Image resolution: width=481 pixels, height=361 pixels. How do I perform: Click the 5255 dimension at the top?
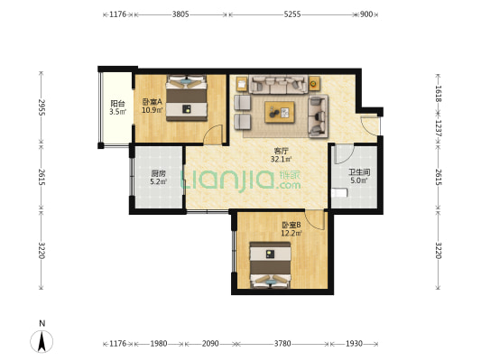click(x=292, y=14)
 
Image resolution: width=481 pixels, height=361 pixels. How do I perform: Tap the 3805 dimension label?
click(x=180, y=14)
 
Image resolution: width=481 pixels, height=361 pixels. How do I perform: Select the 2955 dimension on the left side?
click(x=42, y=107)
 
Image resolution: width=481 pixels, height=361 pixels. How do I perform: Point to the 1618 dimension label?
click(x=438, y=93)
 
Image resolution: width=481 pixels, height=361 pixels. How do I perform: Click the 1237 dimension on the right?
click(x=438, y=128)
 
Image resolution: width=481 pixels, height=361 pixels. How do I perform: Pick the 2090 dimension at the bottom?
click(x=210, y=344)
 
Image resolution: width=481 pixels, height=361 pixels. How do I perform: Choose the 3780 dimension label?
click(x=282, y=344)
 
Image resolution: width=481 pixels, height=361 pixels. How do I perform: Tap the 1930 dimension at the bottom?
click(x=354, y=344)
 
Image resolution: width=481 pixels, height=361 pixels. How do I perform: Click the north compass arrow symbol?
click(x=42, y=341)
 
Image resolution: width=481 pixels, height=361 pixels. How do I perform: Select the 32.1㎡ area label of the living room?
click(x=281, y=159)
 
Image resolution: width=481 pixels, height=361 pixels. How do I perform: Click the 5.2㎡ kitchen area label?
click(x=158, y=181)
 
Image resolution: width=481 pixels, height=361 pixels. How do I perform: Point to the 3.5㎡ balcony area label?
click(x=118, y=112)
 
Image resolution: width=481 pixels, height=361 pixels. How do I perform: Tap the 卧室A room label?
click(x=153, y=101)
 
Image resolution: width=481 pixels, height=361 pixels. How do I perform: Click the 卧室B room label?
click(x=291, y=226)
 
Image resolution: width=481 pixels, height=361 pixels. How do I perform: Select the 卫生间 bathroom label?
click(x=359, y=172)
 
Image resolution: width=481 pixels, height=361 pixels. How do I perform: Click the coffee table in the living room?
click(x=280, y=112)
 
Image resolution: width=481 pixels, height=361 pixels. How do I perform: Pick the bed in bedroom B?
click(x=270, y=265)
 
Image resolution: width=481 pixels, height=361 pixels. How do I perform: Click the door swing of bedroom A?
click(x=213, y=134)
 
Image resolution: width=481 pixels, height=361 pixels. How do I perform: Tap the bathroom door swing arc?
click(x=345, y=153)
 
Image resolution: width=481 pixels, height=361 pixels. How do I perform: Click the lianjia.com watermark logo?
click(x=241, y=180)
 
